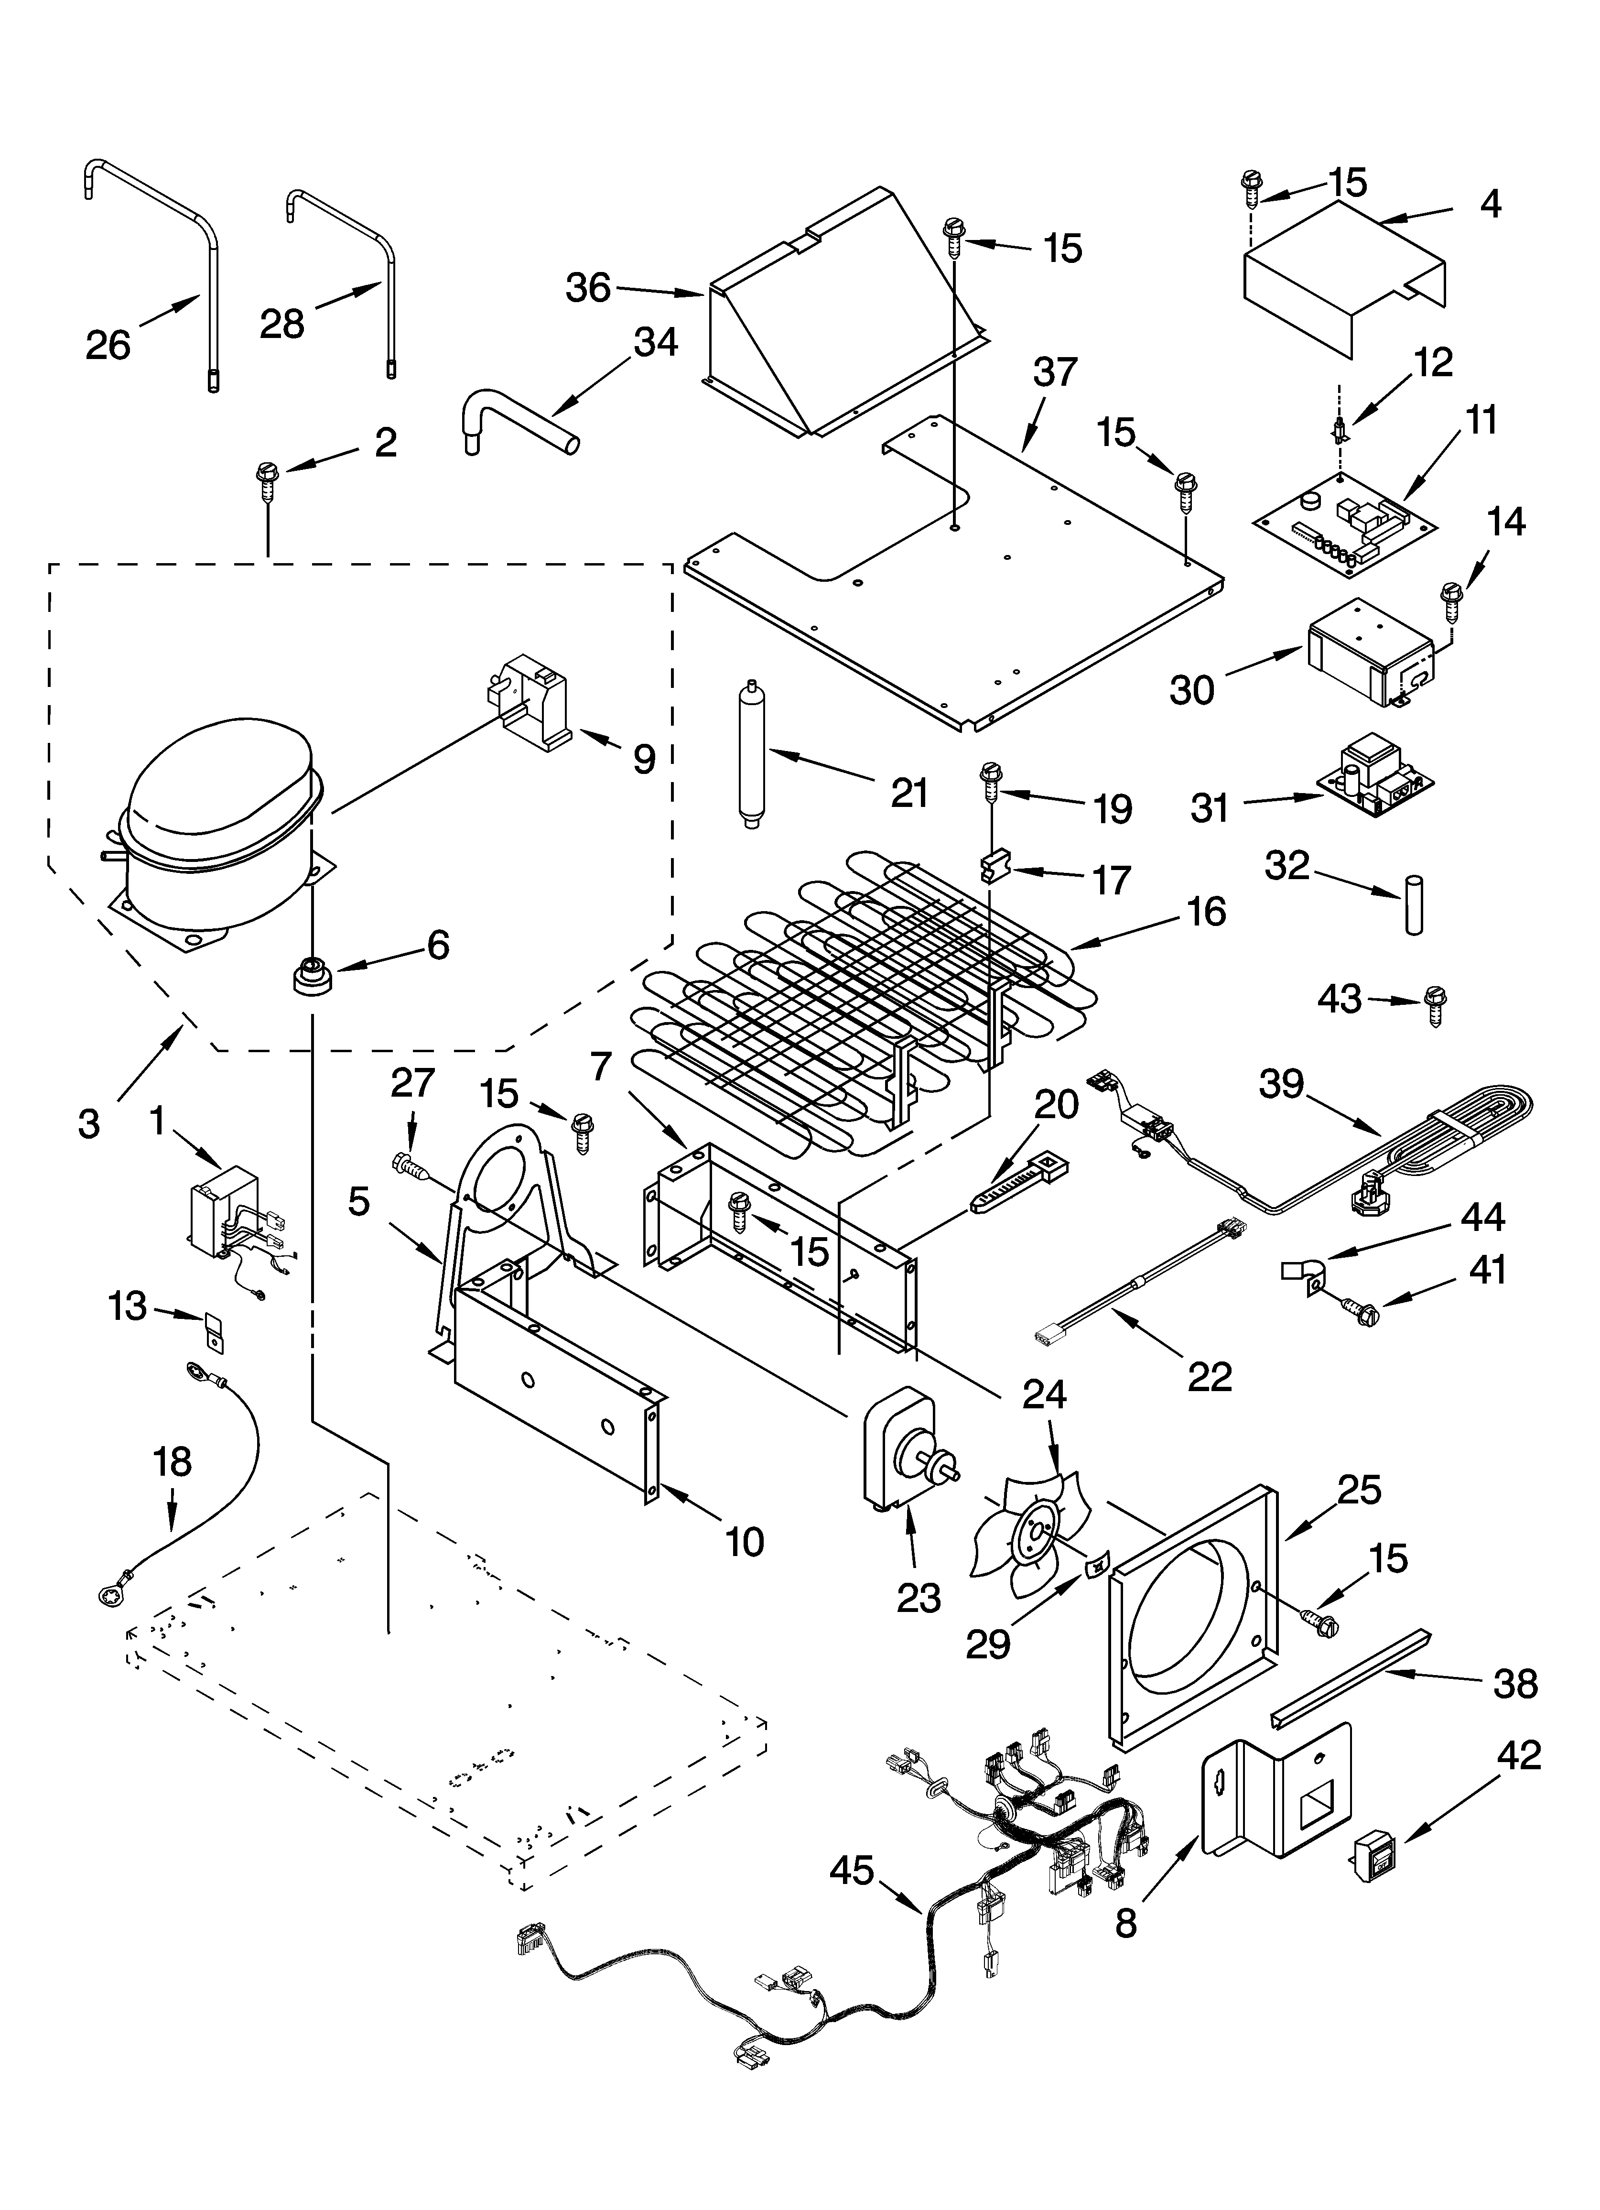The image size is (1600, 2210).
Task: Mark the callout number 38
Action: [1515, 1683]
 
